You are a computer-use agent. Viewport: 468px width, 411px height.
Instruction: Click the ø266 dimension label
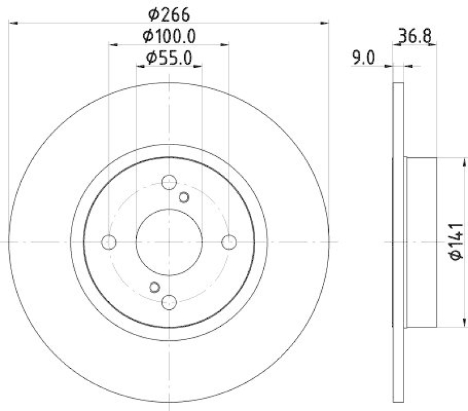click(169, 13)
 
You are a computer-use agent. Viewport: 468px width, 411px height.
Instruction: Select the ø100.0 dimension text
click(169, 36)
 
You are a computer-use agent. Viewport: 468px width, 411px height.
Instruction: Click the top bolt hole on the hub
click(169, 182)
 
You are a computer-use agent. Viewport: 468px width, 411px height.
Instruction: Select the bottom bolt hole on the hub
click(169, 301)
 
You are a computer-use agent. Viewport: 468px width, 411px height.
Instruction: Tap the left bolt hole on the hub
click(109, 241)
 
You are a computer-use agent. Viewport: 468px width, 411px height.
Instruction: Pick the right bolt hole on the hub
click(229, 241)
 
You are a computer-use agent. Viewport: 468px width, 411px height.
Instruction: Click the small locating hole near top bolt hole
click(184, 196)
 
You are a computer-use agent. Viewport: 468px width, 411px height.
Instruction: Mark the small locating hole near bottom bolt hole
click(154, 286)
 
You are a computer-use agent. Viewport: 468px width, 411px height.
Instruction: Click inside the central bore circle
click(169, 241)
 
